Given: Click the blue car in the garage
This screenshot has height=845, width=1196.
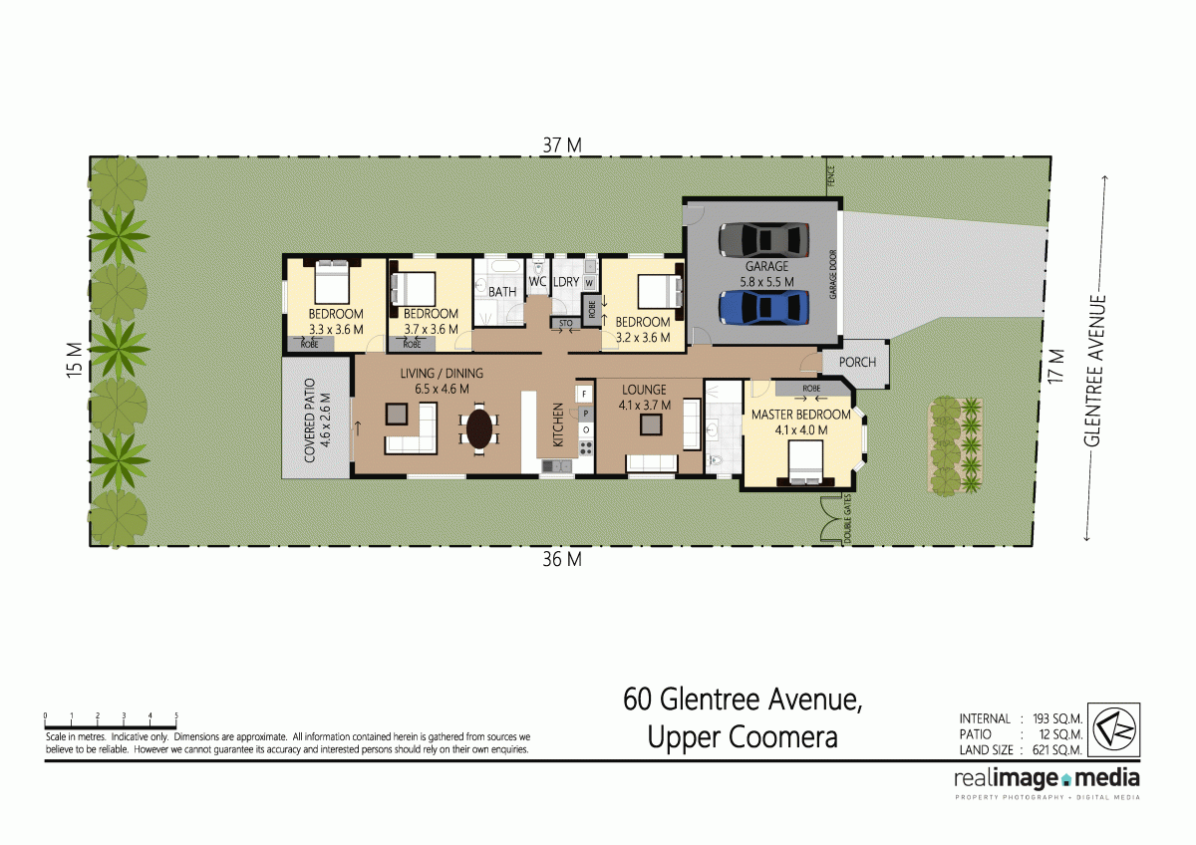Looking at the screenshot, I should [764, 308].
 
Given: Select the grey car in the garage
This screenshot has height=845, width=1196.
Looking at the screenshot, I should [764, 240].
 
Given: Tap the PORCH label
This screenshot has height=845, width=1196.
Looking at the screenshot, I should [857, 362].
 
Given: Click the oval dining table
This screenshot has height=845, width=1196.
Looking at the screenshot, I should [479, 428].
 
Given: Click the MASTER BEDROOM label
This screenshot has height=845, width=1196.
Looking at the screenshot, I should [800, 415].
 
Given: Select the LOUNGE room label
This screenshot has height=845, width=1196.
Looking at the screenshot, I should [644, 390].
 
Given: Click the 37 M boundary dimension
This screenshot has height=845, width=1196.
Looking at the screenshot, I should [562, 145].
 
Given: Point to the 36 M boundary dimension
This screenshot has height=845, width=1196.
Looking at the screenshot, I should [562, 560].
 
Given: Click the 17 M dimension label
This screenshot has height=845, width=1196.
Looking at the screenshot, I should [1057, 366].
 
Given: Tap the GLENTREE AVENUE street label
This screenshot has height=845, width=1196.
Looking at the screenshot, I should [1096, 371].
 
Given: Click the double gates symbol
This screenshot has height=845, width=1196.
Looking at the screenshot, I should [833, 519].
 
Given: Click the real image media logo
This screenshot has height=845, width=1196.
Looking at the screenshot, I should [1046, 779].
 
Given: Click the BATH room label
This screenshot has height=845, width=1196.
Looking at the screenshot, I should [502, 292].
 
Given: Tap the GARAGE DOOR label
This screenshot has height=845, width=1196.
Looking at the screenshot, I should [832, 275].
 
